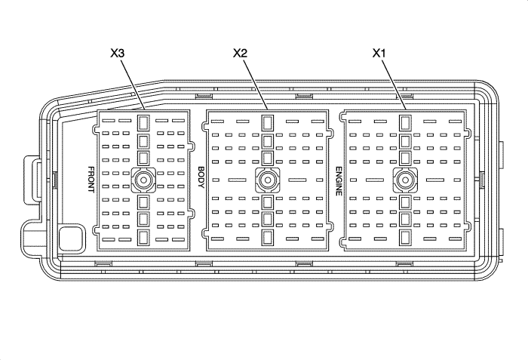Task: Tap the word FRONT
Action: click(91, 180)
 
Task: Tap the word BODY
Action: click(201, 180)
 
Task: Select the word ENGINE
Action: click(339, 180)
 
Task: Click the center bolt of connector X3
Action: click(143, 179)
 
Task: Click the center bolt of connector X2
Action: click(267, 179)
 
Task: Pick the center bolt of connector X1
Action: click(405, 179)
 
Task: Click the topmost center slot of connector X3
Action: click(143, 122)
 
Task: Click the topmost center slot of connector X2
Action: click(267, 123)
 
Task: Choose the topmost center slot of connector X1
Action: click(405, 123)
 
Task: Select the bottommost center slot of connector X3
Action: click(143, 238)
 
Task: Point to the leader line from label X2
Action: click(255, 84)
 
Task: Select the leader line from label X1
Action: click(394, 84)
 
